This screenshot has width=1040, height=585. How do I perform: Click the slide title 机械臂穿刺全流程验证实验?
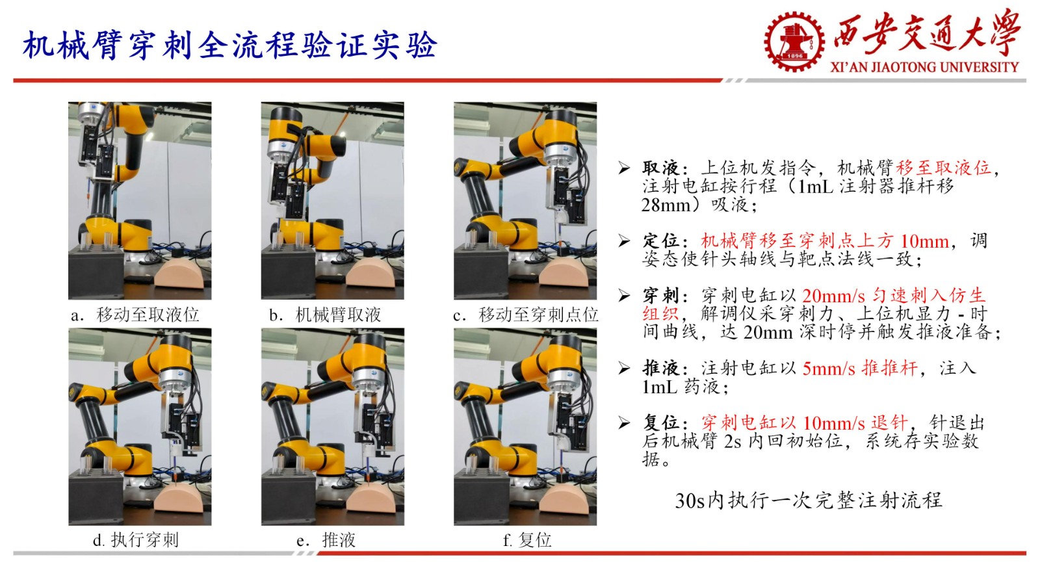[x=229, y=45]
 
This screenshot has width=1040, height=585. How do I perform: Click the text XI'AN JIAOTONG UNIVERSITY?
[x=924, y=67]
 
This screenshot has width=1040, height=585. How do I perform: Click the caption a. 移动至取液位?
[x=135, y=315]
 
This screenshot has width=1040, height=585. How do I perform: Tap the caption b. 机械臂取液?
[x=325, y=315]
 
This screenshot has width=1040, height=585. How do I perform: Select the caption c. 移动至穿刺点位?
[x=525, y=315]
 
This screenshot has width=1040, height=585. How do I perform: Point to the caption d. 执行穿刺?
[x=135, y=540]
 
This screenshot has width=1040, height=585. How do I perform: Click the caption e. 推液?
[x=326, y=540]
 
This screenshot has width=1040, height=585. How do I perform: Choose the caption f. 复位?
[x=526, y=540]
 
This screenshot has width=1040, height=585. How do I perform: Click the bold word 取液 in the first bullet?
[x=660, y=168]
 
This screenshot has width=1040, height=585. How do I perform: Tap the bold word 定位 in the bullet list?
[x=660, y=241]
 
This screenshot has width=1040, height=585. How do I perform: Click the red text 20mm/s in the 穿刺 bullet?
[x=833, y=296]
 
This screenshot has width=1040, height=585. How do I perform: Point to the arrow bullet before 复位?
[x=624, y=423]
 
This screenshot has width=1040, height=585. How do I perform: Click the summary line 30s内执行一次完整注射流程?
[x=808, y=500]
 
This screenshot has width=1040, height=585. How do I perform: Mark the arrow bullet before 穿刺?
[x=624, y=296]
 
